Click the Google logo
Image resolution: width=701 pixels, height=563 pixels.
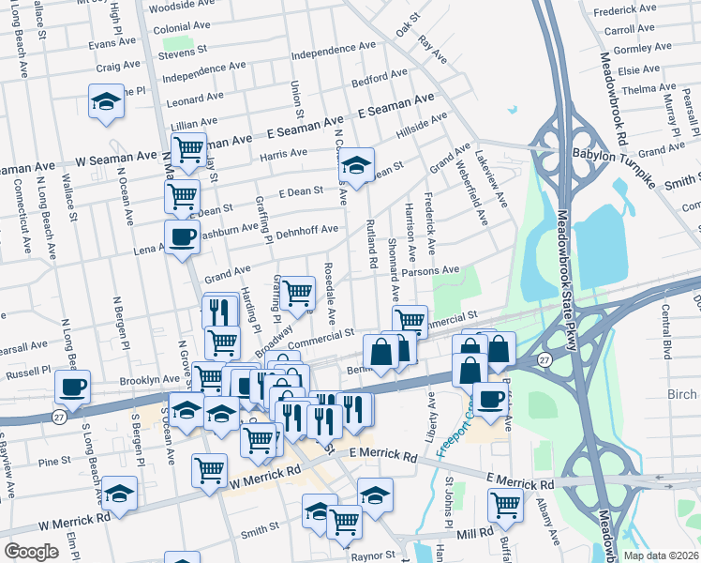(31, 552)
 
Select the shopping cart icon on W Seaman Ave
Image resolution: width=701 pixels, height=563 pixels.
(189, 148)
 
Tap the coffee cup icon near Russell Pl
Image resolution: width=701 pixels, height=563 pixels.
(72, 387)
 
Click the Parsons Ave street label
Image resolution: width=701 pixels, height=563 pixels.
(430, 270)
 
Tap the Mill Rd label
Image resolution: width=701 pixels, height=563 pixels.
(474, 532)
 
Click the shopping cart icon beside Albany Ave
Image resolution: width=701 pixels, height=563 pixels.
(505, 504)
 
